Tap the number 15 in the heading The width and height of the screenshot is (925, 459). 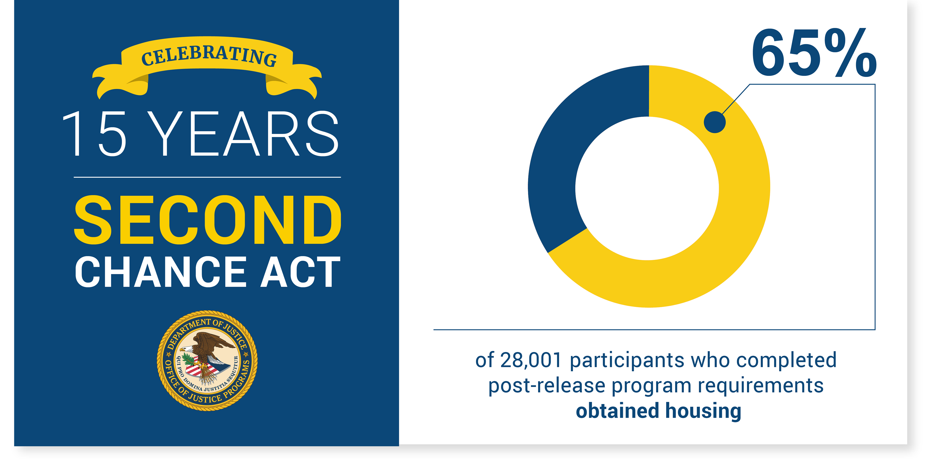[x=94, y=134]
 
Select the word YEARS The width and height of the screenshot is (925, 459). [x=243, y=134]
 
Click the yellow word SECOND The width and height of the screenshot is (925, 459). [x=208, y=220]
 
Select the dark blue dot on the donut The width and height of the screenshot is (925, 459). [x=714, y=122]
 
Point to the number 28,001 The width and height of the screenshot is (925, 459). [x=531, y=360]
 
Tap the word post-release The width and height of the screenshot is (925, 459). [x=547, y=386]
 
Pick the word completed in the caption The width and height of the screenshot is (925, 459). [x=786, y=360]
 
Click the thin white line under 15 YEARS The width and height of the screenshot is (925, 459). [x=207, y=177]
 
